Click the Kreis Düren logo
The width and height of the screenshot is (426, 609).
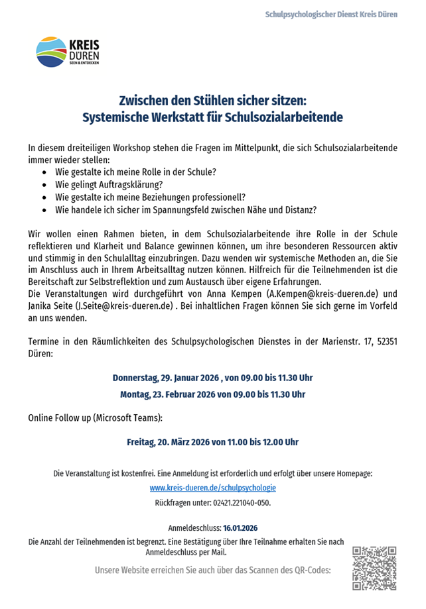(68, 52)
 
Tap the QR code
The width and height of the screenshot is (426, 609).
(374, 568)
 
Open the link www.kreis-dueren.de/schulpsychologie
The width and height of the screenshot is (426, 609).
(212, 488)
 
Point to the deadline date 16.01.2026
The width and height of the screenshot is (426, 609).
(241, 528)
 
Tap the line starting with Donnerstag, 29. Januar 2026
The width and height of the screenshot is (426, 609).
(212, 378)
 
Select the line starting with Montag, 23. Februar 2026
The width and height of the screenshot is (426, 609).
(212, 394)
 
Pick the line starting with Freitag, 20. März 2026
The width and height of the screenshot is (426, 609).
(212, 441)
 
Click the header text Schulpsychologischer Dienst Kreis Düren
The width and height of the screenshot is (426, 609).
(331, 14)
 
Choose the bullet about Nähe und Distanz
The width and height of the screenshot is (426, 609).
(186, 209)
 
